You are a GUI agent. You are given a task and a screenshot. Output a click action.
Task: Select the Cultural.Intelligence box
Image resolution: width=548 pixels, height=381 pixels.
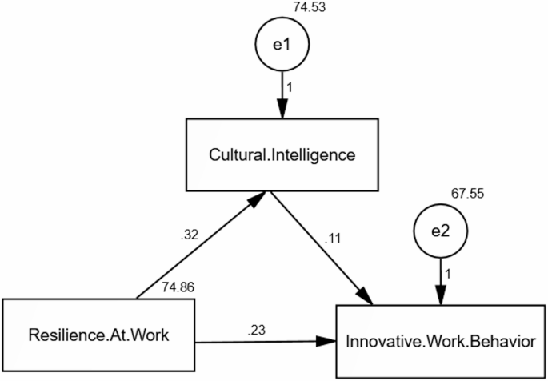pos(281,154)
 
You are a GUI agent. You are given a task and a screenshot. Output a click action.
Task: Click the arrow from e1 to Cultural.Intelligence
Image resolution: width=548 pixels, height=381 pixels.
pos(281,94)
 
